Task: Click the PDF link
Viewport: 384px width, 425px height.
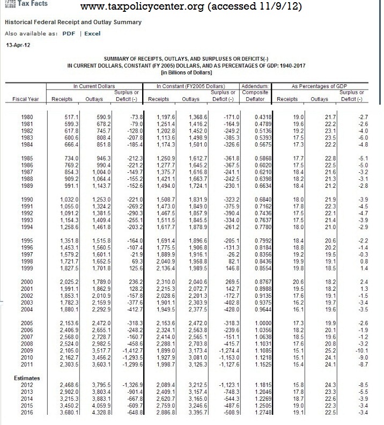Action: (x=68, y=33)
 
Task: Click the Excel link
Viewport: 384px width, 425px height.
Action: (x=92, y=33)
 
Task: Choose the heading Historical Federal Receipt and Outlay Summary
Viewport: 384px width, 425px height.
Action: (x=73, y=22)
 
